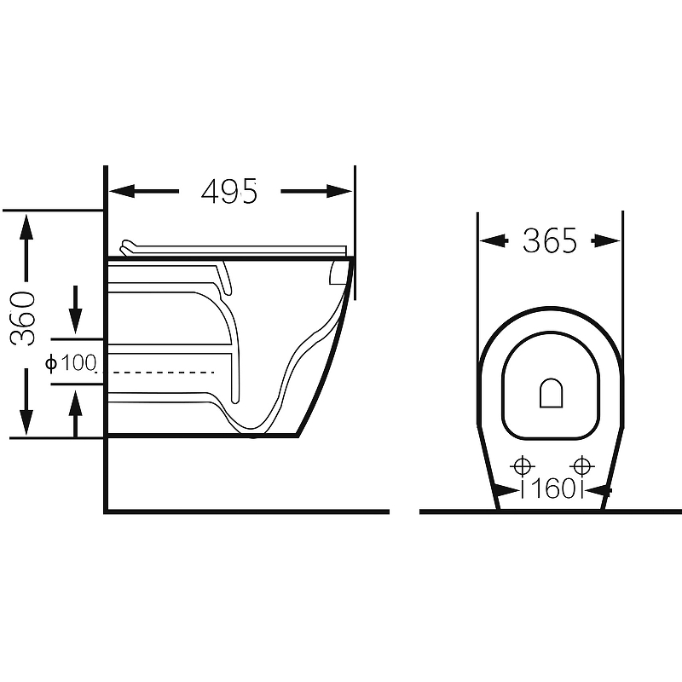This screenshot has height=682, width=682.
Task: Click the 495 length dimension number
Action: [229, 191]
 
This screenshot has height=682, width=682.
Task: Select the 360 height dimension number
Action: [23, 319]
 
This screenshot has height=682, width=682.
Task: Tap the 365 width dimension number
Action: [550, 240]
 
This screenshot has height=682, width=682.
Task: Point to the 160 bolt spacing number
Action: [552, 488]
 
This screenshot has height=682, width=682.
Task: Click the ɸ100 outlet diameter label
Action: [71, 363]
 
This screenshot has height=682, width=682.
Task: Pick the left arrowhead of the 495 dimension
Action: [122, 191]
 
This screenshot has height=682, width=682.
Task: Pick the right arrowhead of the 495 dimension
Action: [339, 191]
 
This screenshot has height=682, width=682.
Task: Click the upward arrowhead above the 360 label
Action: [26, 227]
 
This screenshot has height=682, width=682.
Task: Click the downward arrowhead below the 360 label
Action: [26, 422]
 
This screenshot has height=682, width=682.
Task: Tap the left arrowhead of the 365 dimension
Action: [493, 240]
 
